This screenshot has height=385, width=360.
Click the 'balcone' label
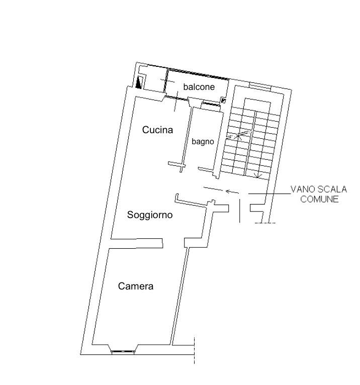[x=199, y=86]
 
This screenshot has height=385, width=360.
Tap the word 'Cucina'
[x=157, y=130]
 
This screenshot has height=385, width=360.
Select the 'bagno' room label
[x=203, y=142]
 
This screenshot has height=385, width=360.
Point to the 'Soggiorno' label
[x=150, y=215]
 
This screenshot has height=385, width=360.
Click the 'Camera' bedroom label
[x=136, y=286]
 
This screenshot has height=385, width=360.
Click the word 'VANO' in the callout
[x=303, y=189]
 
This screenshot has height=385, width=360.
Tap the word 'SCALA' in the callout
[x=332, y=189]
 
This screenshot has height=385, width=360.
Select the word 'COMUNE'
[x=319, y=199]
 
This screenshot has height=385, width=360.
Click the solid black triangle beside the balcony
[x=139, y=83]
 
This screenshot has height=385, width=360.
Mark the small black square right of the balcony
[x=223, y=101]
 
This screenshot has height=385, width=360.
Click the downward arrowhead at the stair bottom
[x=257, y=175]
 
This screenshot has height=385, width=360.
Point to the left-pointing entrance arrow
[x=232, y=191]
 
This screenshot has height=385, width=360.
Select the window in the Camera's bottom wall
[x=123, y=351]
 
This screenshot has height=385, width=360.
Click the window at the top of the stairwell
[x=260, y=86]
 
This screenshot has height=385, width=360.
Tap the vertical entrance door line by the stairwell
[x=240, y=211]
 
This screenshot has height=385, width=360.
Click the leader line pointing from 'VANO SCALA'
[x=269, y=194]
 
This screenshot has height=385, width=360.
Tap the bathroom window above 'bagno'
[x=210, y=104]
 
